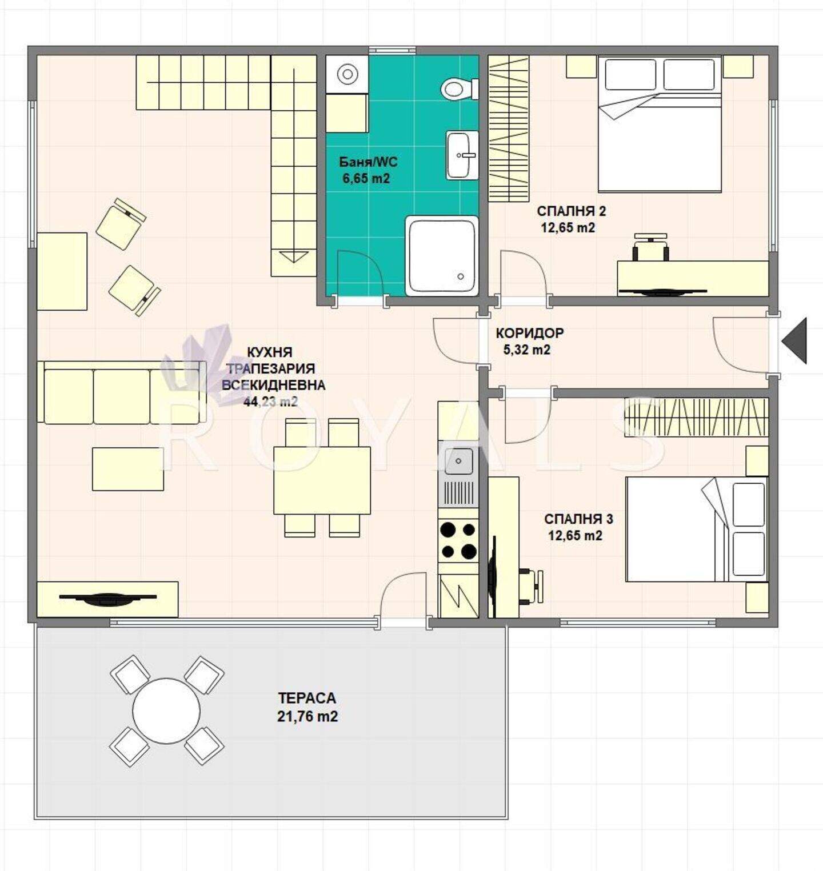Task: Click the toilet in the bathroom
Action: (x=460, y=89)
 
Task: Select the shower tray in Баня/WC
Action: (x=442, y=255)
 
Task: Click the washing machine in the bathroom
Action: (x=347, y=74)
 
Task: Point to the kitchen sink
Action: (x=459, y=461)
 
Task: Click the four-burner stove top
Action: (x=458, y=541)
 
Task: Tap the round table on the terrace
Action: (x=166, y=711)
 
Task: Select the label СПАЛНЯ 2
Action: (x=571, y=211)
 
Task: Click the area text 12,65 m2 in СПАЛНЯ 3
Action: (x=575, y=536)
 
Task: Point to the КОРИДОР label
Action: (x=529, y=333)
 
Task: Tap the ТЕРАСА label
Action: (x=307, y=698)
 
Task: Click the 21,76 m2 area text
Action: (x=307, y=716)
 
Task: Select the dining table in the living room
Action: (x=322, y=480)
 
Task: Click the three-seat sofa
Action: (x=122, y=392)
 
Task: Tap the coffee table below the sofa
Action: (x=128, y=469)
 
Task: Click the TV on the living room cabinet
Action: (x=107, y=598)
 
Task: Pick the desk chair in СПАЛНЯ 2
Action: (x=651, y=246)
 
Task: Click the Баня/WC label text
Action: (x=368, y=162)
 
